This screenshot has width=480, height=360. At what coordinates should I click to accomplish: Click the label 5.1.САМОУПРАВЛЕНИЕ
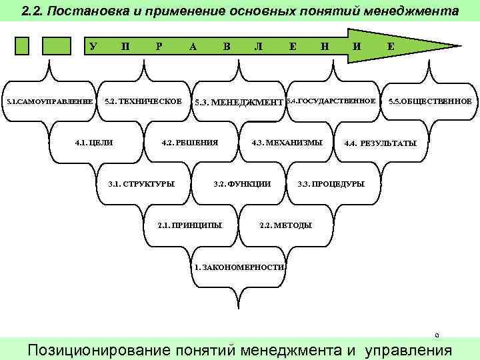49,102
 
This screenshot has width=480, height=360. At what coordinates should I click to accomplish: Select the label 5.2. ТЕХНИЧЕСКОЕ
143,101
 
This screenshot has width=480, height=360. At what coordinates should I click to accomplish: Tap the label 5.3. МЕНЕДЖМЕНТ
238,103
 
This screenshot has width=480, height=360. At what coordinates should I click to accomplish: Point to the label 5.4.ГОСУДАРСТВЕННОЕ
331,101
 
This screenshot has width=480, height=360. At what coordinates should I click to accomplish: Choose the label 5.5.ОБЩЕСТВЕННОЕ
430,102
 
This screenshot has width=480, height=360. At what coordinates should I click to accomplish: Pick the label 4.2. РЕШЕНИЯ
190,143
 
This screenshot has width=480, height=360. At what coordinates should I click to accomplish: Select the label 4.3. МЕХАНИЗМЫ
287,143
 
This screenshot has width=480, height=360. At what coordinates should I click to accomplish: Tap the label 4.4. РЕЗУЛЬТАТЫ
380,143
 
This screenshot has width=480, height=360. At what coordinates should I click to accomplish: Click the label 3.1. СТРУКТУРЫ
141,183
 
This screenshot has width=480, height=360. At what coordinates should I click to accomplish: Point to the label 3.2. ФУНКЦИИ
241,183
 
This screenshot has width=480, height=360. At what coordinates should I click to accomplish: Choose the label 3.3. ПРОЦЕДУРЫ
331,183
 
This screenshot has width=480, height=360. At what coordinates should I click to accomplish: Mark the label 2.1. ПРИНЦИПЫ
190,225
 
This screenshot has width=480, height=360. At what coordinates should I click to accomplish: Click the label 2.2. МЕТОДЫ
285,225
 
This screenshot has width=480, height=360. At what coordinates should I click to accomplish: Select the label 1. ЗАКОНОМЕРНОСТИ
239,267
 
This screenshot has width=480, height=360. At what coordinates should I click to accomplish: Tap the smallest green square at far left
23,45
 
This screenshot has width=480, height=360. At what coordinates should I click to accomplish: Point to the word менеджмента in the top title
414,12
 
